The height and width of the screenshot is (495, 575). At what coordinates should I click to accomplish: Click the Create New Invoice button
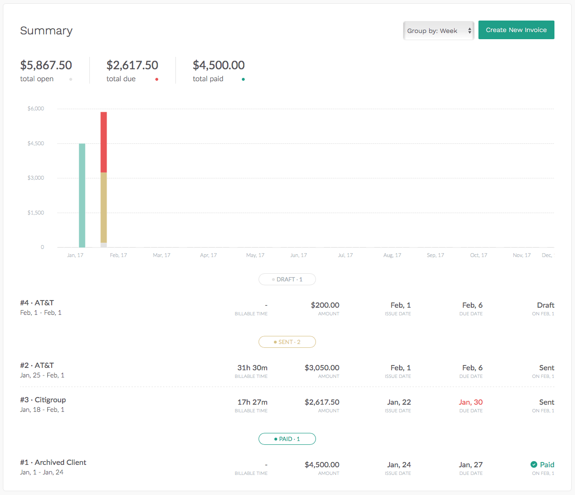pos(516,30)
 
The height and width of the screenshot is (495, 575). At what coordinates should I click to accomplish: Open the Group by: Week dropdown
pos(438,31)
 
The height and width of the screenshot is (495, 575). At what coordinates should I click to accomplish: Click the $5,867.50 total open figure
pos(46,65)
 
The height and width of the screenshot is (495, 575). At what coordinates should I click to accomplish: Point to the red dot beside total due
pos(157,79)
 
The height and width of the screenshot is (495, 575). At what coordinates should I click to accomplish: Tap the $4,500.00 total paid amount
pos(218,65)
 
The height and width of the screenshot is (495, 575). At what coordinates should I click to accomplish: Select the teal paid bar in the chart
pos(82,195)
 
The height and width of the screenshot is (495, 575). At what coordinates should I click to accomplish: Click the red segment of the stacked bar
pos(104,142)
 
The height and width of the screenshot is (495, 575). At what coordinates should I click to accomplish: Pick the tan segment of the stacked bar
pos(104,207)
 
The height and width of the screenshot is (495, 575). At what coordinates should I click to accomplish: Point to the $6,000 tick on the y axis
pos(35,108)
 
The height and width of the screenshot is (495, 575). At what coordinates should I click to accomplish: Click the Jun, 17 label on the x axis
pos(298,255)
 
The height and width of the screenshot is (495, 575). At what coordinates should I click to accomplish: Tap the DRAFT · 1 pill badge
pos(287,279)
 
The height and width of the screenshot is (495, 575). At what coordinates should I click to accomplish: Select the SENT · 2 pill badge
pos(287,342)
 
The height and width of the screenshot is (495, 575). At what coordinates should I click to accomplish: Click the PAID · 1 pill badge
pos(287,439)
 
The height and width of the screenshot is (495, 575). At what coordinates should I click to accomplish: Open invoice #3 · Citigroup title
pos(43,400)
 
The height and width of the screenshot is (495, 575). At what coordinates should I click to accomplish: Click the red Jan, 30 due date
pos(471,402)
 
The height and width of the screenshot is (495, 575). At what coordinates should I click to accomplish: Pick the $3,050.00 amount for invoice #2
pos(322,367)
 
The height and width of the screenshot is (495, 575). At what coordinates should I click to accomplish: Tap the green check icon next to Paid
pos(534,464)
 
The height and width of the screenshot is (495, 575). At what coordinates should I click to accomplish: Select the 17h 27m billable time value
pos(252,402)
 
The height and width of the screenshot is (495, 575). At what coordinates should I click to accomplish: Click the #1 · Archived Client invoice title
pos(53,462)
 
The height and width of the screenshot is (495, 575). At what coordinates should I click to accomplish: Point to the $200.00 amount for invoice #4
pos(325,305)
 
